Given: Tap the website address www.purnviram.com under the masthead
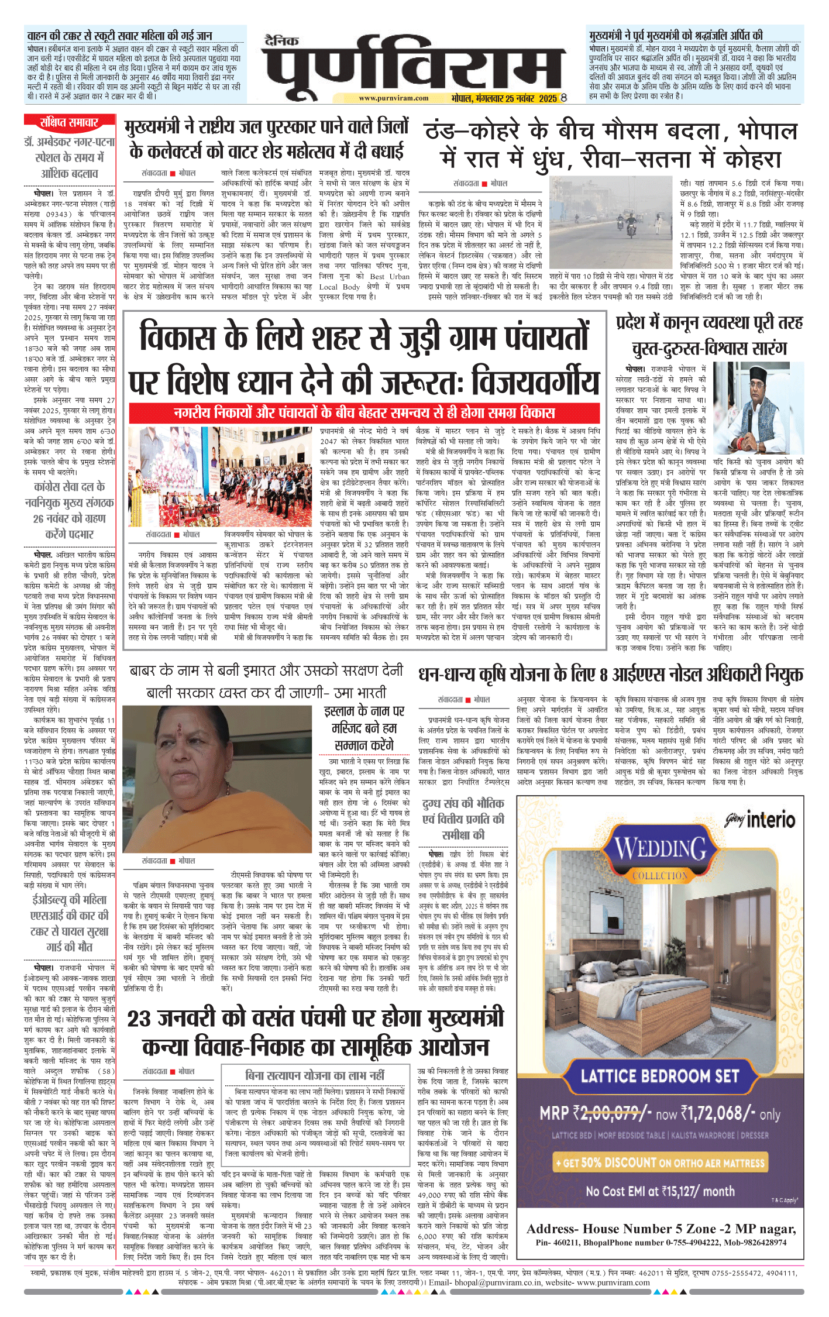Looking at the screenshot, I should click(x=393, y=98).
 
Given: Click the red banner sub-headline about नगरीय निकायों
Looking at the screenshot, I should click(x=364, y=413).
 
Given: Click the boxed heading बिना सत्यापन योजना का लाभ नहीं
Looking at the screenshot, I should click(x=315, y=1075).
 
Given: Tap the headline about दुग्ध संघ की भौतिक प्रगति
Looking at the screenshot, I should click(x=462, y=819).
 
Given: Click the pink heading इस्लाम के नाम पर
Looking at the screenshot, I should click(x=364, y=728).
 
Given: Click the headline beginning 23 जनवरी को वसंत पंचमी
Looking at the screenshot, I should click(x=316, y=1031).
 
